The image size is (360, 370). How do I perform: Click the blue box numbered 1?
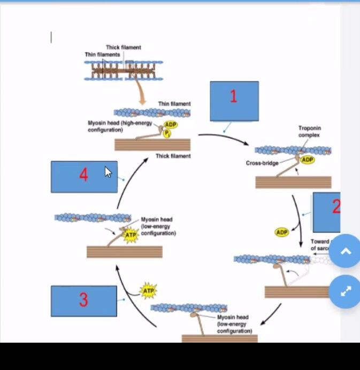pos(234,101)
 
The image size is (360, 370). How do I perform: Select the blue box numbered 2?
pos(327,212)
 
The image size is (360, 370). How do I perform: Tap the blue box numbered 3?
pos(83,300)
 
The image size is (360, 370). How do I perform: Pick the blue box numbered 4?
pos(83,176)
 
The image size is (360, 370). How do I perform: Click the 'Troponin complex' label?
pos(309,132)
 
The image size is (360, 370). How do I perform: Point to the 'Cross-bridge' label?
pos(262,163)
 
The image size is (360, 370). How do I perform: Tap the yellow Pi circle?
pos(167,133)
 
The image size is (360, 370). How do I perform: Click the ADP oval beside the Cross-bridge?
pos(307,160)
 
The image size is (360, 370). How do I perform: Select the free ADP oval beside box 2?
pos(282,232)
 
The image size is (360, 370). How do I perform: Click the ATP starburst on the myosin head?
pos(131,235)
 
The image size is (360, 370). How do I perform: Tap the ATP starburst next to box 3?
pos(148,291)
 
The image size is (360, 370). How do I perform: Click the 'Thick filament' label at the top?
pos(123,48)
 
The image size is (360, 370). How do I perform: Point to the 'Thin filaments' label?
pos(102,55)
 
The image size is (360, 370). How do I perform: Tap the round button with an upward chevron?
pos(345,251)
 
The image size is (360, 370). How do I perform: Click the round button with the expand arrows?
pos(345,291)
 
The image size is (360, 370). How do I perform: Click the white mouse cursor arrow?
pos(108,172)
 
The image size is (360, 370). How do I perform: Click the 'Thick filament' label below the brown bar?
pos(173,156)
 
